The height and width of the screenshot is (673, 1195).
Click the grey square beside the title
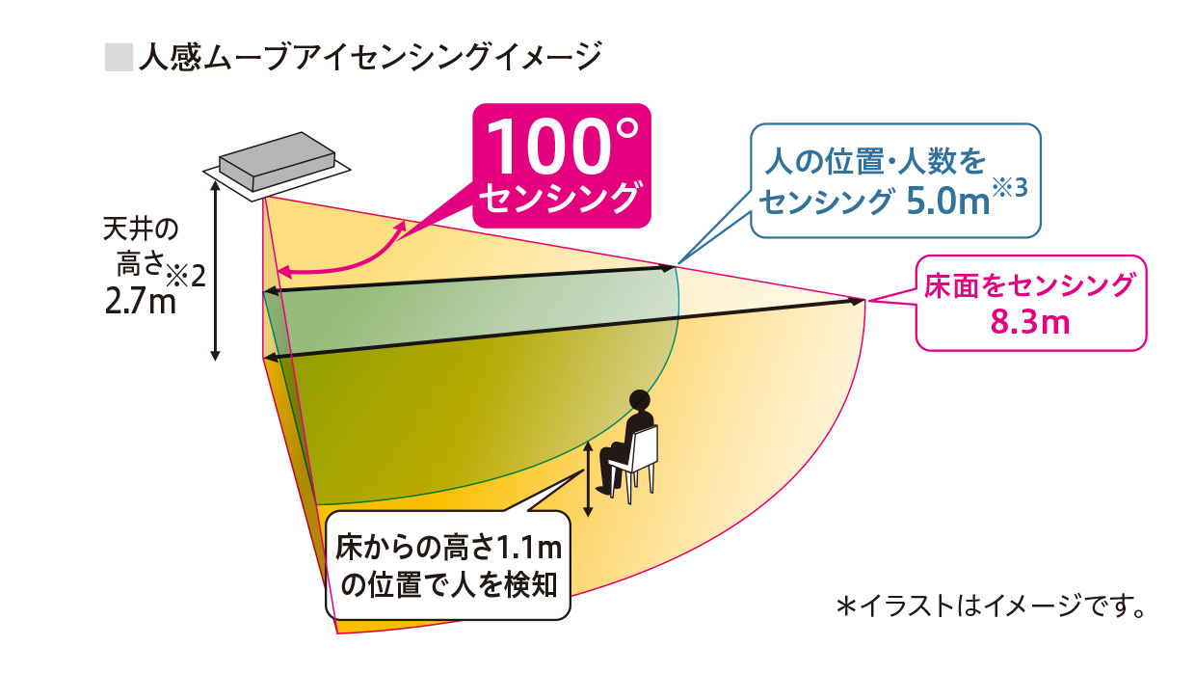(x=117, y=57)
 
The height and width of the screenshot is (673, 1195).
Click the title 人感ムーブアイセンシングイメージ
(x=369, y=57)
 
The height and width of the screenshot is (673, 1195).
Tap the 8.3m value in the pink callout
(x=1030, y=321)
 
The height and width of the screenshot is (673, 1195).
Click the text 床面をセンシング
(x=1030, y=285)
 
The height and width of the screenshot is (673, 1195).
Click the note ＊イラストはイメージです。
(x=991, y=607)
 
